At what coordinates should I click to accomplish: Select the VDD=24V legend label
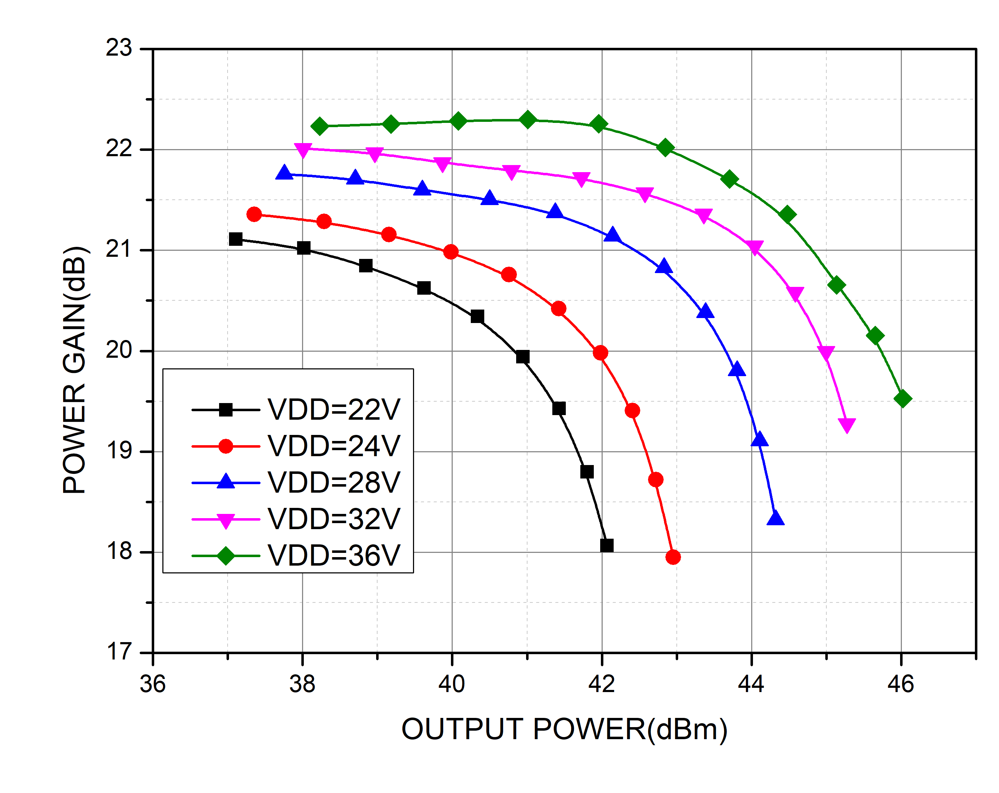[x=334, y=446]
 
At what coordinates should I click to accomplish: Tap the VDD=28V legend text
[x=334, y=483]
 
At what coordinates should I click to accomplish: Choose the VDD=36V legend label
[x=334, y=555]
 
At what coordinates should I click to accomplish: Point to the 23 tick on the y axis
[x=119, y=48]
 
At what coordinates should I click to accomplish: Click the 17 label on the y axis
[x=119, y=652]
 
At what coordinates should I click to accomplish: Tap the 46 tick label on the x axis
[x=900, y=684]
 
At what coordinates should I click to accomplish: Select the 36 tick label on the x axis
[x=152, y=684]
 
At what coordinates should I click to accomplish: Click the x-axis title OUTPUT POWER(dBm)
[x=564, y=730]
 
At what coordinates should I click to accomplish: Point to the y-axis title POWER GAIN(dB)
[x=75, y=370]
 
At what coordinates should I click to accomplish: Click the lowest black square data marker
[x=607, y=545]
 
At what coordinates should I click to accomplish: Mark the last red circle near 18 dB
[x=673, y=557]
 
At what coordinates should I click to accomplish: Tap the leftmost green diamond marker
[x=319, y=126]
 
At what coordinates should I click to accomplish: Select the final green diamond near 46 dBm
[x=903, y=398]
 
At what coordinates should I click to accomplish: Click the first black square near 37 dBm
[x=235, y=239]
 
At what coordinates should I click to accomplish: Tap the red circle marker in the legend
[x=226, y=446]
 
